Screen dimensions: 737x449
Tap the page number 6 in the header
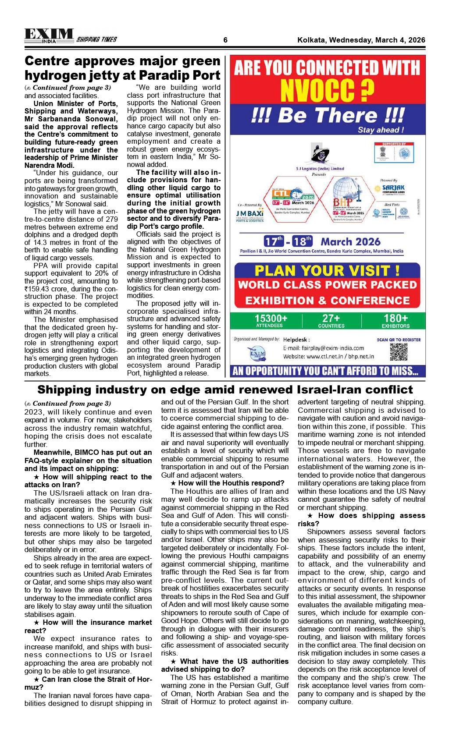click(x=225, y=40)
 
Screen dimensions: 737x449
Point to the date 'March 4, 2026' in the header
click(x=397, y=40)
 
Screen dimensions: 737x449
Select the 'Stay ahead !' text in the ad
click(x=380, y=130)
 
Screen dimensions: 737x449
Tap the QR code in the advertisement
click(x=398, y=352)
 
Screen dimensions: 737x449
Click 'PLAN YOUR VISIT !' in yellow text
click(x=327, y=270)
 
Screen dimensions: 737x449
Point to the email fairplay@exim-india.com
click(x=324, y=348)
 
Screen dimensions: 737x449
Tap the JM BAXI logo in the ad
click(x=250, y=213)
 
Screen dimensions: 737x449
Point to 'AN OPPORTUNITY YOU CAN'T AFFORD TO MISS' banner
click(x=325, y=372)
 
